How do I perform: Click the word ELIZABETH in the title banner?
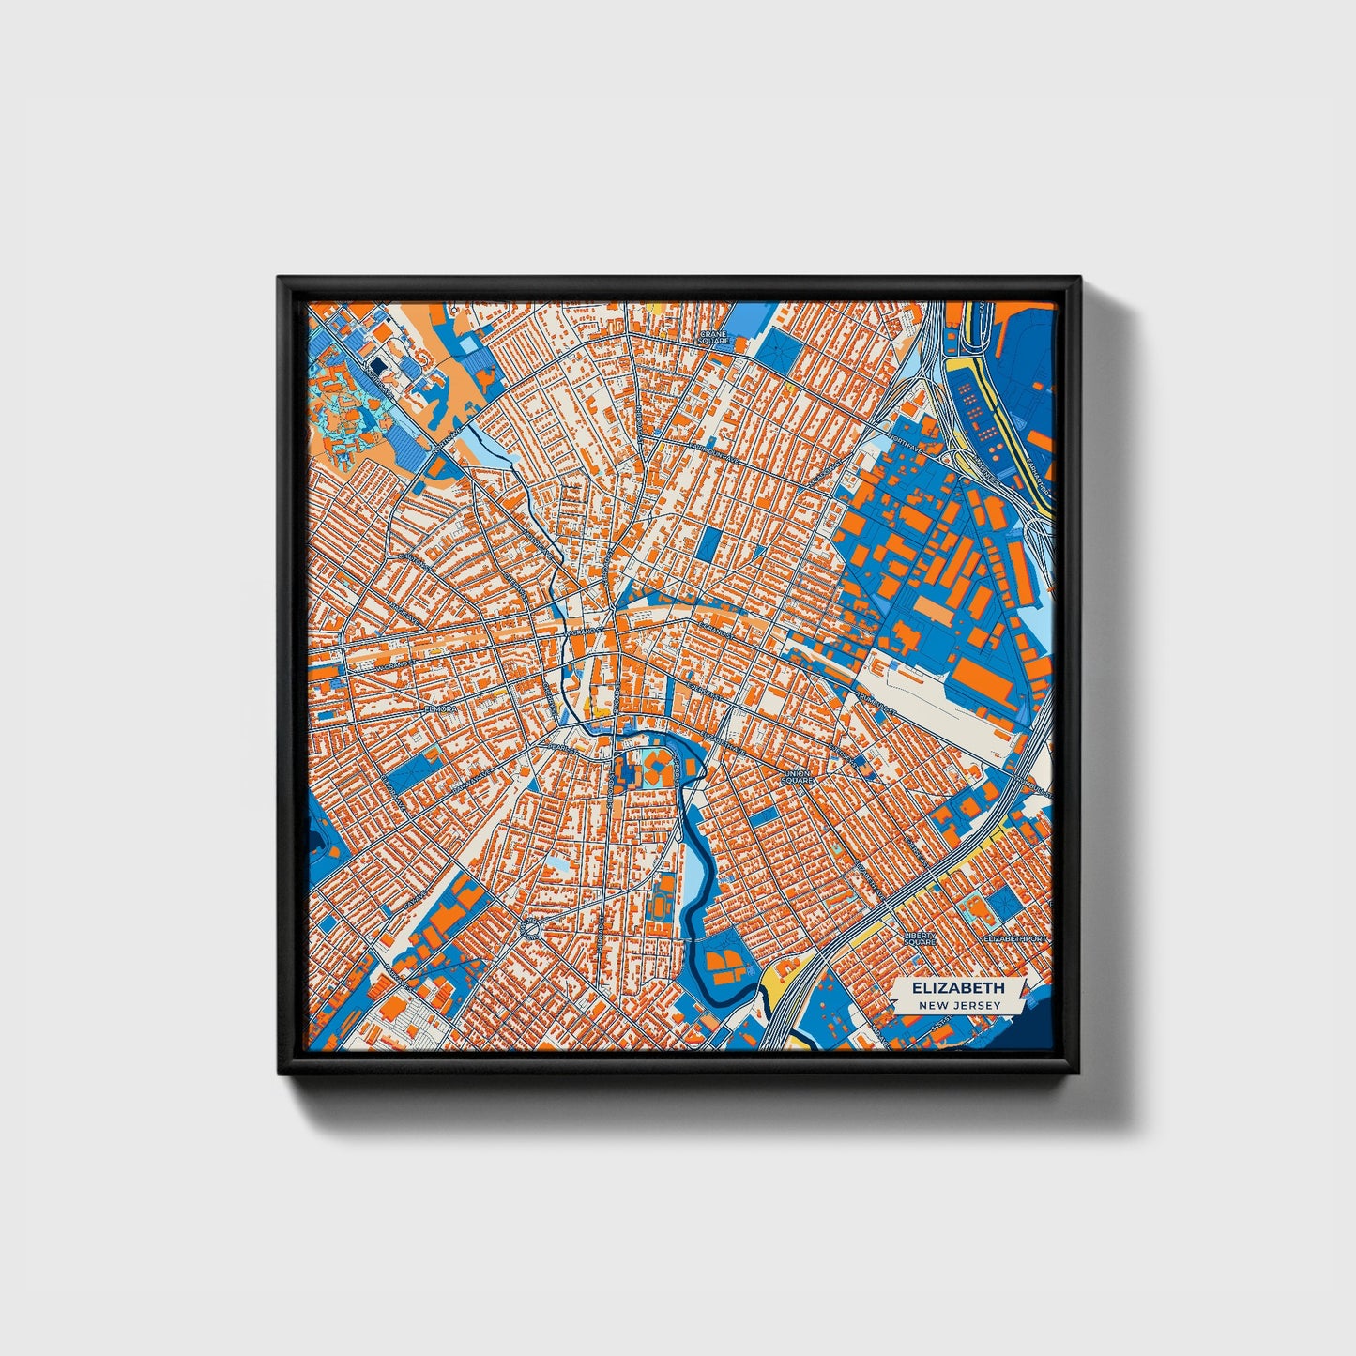click(957, 987)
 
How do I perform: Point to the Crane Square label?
click(714, 337)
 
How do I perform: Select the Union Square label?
click(797, 777)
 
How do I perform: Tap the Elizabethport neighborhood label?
click(1013, 937)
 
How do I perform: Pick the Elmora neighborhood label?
click(439, 710)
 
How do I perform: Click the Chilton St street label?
click(413, 560)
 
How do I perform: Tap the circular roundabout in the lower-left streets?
click(531, 930)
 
